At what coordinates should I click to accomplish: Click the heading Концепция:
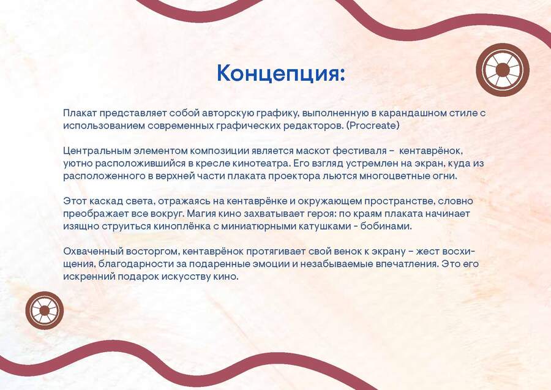pos(281,73)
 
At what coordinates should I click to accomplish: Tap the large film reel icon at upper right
pos(503,69)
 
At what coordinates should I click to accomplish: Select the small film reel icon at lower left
pos(45,310)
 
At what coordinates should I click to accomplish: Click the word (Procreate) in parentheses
pos(373,126)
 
